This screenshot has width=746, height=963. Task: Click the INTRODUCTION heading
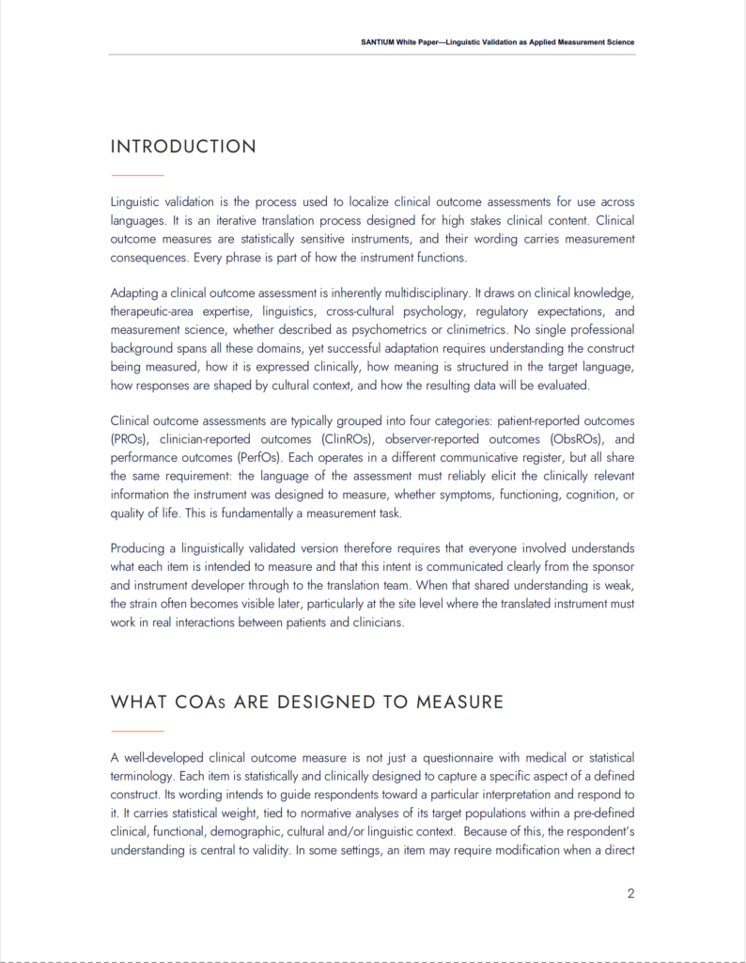[x=183, y=147]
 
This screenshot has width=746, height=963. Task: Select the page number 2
[x=630, y=893]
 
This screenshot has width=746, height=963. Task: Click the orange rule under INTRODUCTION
[x=137, y=176]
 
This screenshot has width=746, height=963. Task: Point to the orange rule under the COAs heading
[x=137, y=731]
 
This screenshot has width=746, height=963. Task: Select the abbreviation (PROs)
[x=128, y=438]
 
